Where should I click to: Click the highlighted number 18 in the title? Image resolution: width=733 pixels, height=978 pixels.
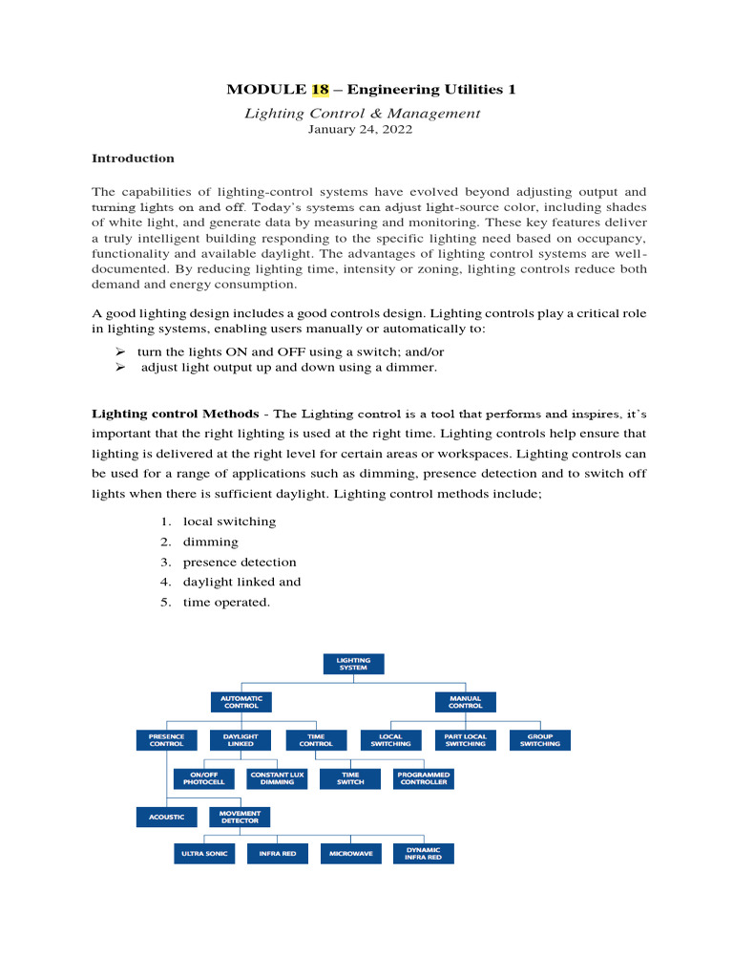point(321,90)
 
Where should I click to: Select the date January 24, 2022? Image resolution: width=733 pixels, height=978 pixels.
point(359,130)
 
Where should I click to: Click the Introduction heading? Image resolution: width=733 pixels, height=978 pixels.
point(133,159)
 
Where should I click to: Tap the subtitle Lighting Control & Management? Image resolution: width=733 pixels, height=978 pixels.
point(363,114)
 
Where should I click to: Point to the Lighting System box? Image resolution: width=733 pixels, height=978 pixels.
point(353,663)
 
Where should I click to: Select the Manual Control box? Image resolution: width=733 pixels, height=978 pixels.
point(465,702)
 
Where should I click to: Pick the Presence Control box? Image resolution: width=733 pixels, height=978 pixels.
point(166,740)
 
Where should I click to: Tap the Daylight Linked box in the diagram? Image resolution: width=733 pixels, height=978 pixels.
point(240,740)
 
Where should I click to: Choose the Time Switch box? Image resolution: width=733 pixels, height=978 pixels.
point(350,778)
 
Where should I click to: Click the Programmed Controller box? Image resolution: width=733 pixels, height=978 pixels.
point(424,778)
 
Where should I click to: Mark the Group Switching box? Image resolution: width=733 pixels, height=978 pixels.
point(540,740)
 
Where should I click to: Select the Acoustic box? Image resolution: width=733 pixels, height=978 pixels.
point(166,818)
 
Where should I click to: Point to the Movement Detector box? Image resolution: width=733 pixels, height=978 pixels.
point(240,818)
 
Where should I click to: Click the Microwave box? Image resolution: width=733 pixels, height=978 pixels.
point(350,854)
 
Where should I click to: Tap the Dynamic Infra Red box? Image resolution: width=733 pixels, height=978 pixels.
point(424,854)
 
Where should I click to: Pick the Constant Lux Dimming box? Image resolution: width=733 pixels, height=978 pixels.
point(277,778)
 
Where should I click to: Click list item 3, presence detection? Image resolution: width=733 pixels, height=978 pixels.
point(240,563)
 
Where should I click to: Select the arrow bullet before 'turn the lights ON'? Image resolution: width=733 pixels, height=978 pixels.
point(119,352)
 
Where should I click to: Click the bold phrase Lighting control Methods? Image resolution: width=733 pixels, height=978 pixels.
point(175,414)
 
